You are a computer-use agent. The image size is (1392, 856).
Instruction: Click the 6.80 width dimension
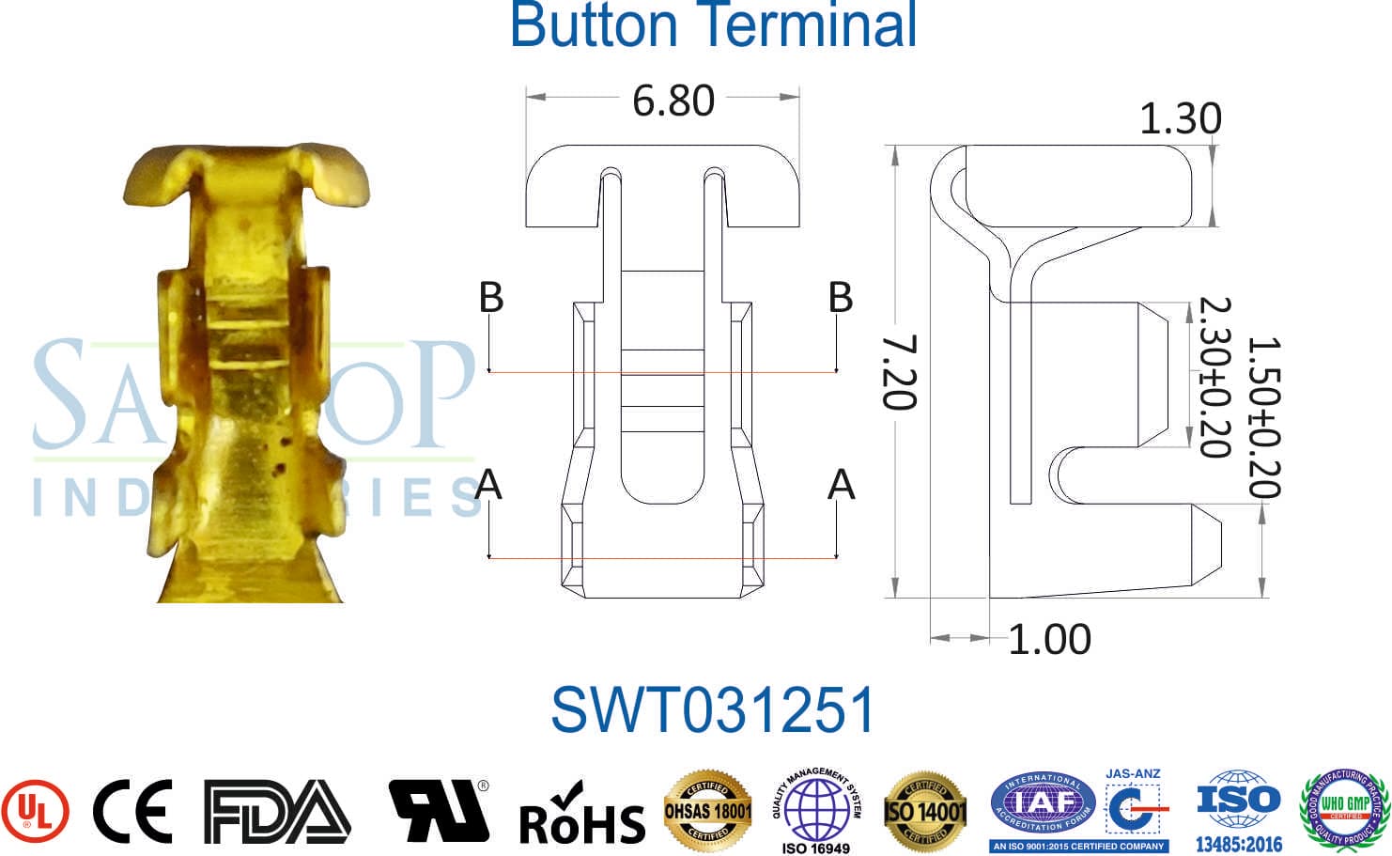point(673,101)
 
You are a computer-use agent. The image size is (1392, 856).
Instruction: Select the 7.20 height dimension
point(899,372)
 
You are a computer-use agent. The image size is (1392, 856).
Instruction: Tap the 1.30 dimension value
point(1180,119)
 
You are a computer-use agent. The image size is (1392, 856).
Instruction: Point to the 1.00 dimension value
point(1049,640)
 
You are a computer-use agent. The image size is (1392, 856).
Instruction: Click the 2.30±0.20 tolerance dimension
point(1214,377)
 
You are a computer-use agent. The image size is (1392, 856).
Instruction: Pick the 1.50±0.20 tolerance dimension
point(1263,417)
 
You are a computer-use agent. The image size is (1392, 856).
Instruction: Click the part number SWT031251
point(712,709)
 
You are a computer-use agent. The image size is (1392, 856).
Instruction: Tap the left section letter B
point(491,297)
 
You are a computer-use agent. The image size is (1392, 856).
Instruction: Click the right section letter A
point(841,485)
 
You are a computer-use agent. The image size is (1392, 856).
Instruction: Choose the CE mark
point(132,811)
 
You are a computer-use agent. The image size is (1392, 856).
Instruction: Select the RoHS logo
point(581,815)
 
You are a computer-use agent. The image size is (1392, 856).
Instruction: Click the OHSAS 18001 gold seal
point(708,811)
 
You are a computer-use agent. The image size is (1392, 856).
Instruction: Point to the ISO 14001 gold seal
point(925,811)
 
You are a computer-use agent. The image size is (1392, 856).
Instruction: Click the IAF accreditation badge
point(1043,806)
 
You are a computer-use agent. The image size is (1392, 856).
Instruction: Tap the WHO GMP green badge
point(1344,807)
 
